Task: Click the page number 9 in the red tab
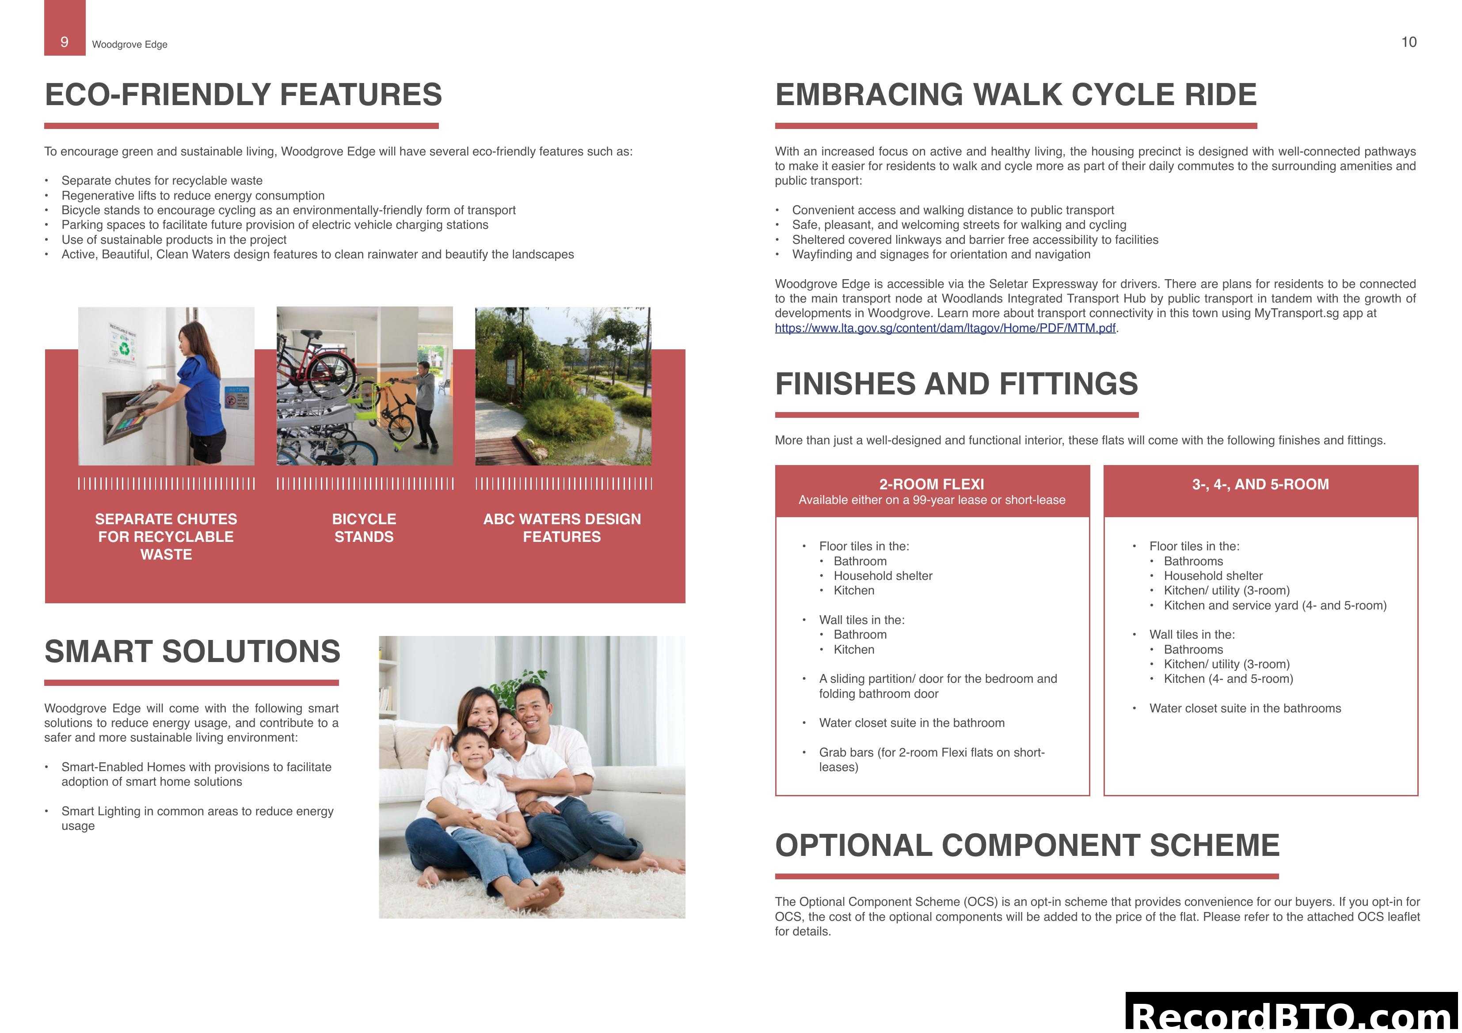pos(65,42)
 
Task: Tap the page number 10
pos(1409,42)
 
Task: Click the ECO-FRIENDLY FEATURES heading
pos(243,95)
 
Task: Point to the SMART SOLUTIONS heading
pos(192,652)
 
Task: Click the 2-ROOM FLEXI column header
pos(932,484)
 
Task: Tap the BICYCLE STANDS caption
pos(364,528)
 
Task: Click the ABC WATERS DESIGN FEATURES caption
pos(562,528)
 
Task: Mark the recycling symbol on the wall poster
pos(125,349)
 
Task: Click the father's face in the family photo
pos(533,707)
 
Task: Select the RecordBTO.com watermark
pos(1293,1015)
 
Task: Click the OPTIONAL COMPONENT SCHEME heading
pos(1027,846)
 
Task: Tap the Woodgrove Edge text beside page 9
pos(130,45)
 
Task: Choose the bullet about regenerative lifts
pos(193,195)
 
